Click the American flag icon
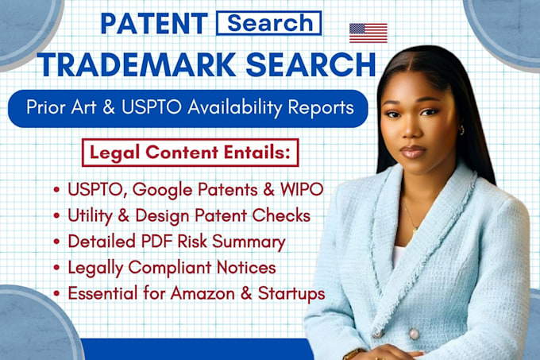tap(368, 33)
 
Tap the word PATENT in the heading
tap(154, 23)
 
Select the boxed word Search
tap(269, 23)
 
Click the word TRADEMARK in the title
tap(137, 64)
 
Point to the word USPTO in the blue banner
tap(151, 107)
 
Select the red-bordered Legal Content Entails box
tap(190, 153)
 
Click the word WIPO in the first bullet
tap(302, 189)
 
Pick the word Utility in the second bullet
tap(90, 216)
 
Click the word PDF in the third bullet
tap(156, 242)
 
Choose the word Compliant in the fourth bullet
tap(170, 268)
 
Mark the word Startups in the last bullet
tap(291, 294)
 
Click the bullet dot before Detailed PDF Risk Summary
tap(57, 242)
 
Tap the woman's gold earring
tap(461, 130)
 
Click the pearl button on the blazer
tap(414, 334)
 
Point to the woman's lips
tap(413, 152)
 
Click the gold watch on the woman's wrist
tap(353, 354)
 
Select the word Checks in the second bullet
tap(281, 215)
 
